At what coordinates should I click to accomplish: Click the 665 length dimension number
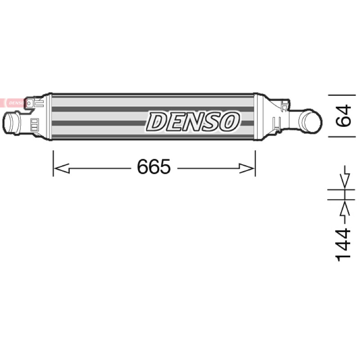click(154, 166)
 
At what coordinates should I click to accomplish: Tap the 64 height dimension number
click(343, 116)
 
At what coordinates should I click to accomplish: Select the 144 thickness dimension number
click(343, 245)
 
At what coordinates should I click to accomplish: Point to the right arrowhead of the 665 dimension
click(247, 168)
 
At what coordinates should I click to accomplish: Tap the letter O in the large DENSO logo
click(228, 121)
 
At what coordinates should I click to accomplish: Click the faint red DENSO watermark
click(14, 103)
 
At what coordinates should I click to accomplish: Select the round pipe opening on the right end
click(311, 121)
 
